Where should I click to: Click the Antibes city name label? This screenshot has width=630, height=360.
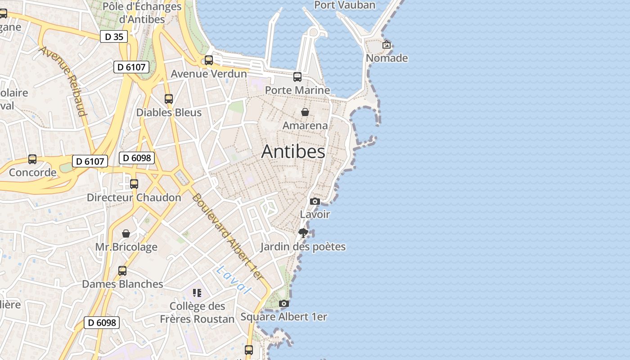tap(293, 151)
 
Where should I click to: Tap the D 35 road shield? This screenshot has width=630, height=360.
tap(114, 36)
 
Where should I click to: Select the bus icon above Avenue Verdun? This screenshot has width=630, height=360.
tap(209, 60)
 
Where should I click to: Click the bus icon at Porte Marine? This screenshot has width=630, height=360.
tap(297, 76)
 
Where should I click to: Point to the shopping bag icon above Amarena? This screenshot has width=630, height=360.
tap(305, 112)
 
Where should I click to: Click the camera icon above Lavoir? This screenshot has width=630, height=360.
tap(315, 201)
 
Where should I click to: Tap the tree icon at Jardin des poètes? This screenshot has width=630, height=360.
tap(303, 233)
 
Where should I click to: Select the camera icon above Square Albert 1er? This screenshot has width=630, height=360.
tap(283, 303)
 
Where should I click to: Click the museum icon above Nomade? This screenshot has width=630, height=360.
tap(387, 45)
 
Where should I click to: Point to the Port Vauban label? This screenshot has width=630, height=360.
tap(345, 5)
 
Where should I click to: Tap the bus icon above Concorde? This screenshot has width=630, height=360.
tap(32, 159)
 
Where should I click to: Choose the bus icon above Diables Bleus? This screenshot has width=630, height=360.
tap(169, 99)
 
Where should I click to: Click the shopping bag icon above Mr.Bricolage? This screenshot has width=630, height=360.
tap(126, 234)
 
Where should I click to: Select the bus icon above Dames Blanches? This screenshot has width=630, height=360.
tap(122, 270)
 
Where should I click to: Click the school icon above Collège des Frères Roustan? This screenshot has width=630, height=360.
tap(197, 293)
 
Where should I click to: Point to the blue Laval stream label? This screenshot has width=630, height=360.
tap(233, 280)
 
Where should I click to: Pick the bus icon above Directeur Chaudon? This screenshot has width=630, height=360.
tap(134, 184)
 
